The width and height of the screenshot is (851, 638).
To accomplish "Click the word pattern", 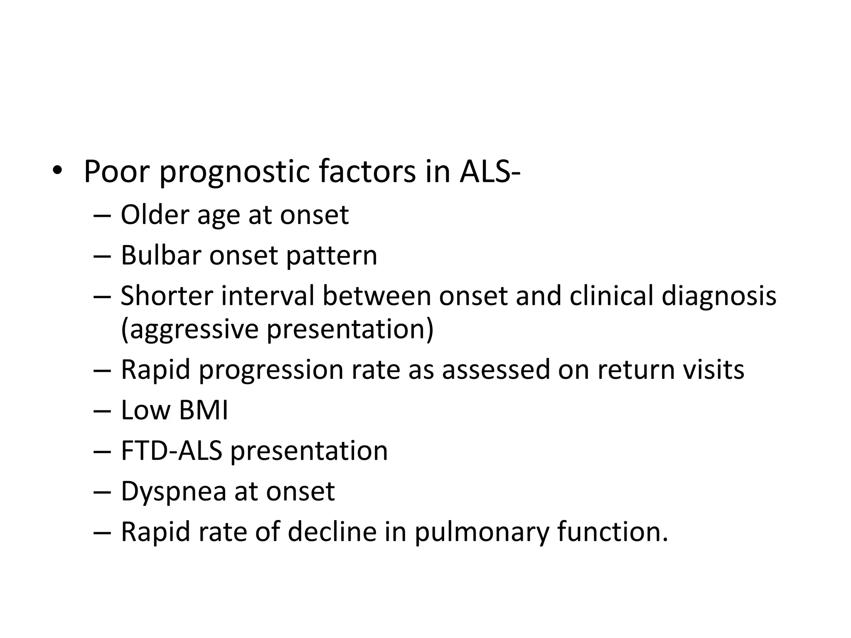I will pos(332,256).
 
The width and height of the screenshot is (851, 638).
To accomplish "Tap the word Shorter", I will pos(166,296).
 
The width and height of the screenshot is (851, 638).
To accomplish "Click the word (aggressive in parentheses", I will pos(189,329).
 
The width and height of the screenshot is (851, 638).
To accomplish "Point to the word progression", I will pos(271,370).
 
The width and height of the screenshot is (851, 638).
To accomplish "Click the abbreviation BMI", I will pos(203,410).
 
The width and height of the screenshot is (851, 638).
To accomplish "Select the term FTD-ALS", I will pos(171,451).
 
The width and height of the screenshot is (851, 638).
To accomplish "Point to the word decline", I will pos(332,532).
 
